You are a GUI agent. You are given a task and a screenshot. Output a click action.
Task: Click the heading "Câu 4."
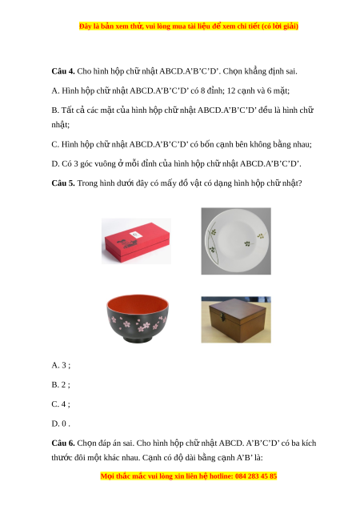click(x=63, y=71)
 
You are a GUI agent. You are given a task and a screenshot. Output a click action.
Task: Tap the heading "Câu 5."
click(x=63, y=183)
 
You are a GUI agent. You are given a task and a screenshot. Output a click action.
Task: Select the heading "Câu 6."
click(x=63, y=443)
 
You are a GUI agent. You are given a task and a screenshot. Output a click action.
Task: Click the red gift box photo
click(x=137, y=241)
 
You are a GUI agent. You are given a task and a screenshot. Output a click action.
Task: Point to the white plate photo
click(x=236, y=241)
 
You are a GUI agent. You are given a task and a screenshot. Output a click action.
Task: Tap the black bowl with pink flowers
click(x=138, y=319)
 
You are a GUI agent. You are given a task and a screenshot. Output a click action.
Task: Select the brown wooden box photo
click(x=236, y=319)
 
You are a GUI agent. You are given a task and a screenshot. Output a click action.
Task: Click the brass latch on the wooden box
click(x=223, y=315)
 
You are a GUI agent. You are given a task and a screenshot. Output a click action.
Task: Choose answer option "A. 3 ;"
click(x=61, y=365)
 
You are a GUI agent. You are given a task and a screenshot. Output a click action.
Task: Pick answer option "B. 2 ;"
click(x=61, y=385)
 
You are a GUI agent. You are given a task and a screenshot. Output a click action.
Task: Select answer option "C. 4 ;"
click(x=61, y=404)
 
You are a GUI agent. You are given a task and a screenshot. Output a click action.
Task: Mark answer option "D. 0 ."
click(x=61, y=424)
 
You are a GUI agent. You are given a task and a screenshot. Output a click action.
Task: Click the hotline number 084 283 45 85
click(x=256, y=476)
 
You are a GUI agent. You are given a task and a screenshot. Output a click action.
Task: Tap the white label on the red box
click(x=134, y=235)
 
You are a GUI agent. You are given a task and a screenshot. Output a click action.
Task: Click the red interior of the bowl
click(x=138, y=303)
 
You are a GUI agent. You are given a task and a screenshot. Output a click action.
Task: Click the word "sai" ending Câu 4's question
click(x=291, y=71)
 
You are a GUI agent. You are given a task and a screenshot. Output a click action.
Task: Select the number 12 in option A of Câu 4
click(x=231, y=90)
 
